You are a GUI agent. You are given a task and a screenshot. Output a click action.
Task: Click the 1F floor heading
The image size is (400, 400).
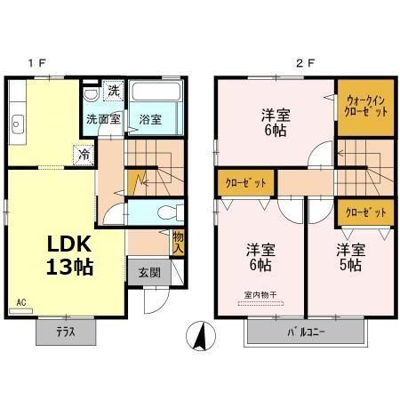(x=36, y=63)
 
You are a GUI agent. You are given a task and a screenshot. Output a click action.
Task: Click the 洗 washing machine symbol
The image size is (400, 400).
(x=113, y=91)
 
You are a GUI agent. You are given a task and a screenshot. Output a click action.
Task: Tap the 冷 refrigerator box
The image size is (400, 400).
(x=81, y=153)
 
